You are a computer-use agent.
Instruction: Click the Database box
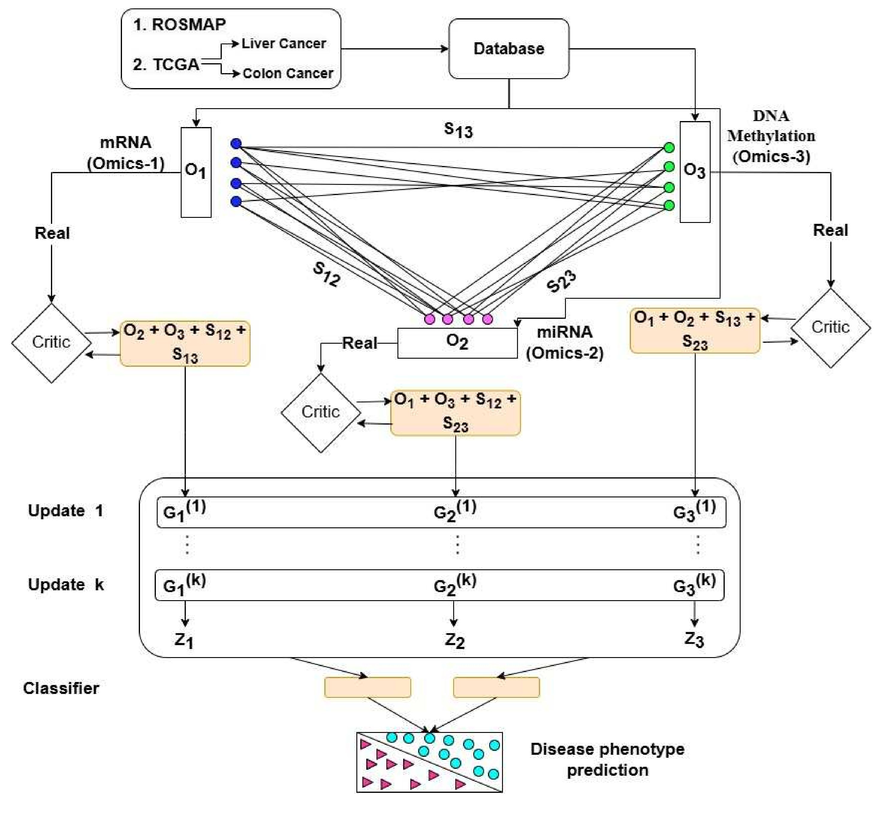(509, 49)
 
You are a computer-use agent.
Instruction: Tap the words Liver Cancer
(284, 43)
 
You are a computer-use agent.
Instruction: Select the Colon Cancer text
(288, 73)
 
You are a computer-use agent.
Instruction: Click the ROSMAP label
(188, 24)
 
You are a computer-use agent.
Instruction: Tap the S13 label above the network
(458, 130)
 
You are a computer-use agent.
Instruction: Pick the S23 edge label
(561, 281)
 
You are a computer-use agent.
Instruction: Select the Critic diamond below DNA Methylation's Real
(831, 328)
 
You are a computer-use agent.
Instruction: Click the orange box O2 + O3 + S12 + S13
(185, 343)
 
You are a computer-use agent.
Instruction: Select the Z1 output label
(184, 640)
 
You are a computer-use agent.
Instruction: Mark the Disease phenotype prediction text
(607, 760)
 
